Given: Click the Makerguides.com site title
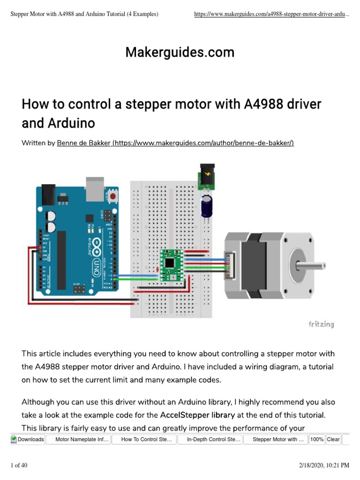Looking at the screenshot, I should [x=180, y=52].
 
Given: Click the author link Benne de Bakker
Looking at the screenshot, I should [x=175, y=143].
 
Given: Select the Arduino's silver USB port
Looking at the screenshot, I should [x=95, y=187].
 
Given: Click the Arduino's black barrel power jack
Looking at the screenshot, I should [x=47, y=196].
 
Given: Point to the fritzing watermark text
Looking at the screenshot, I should [x=321, y=324].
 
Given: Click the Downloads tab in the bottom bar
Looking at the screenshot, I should [x=28, y=440].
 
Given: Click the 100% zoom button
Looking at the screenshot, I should [x=317, y=440].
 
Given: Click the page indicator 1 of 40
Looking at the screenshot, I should [x=19, y=465].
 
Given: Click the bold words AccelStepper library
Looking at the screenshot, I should [x=197, y=415].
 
